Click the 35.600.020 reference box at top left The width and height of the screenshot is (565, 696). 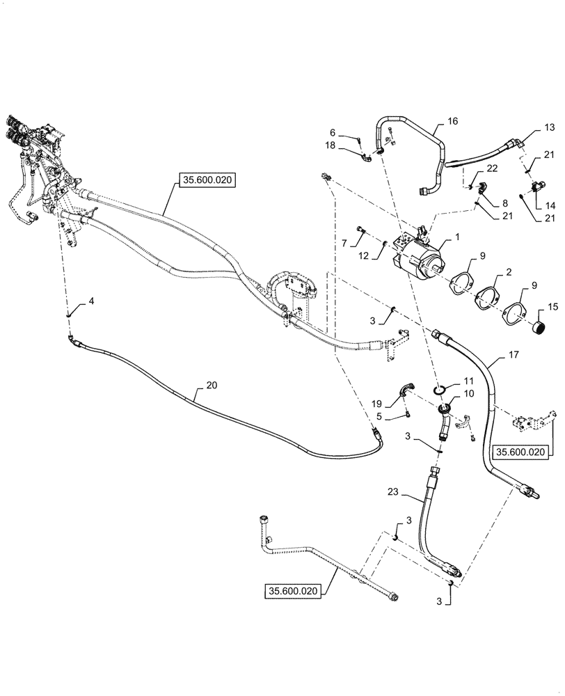tap(207, 181)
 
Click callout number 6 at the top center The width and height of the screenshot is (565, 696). tap(333, 132)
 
